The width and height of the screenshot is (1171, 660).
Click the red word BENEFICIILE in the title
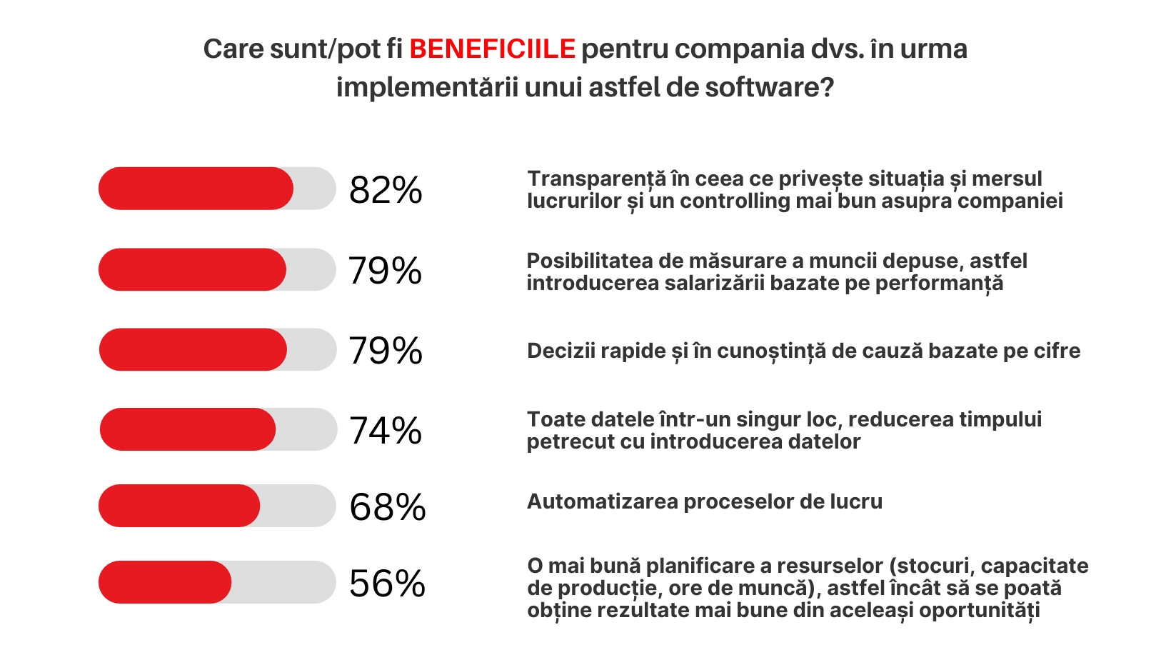[x=492, y=49]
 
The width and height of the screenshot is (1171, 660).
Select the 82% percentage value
[x=386, y=190]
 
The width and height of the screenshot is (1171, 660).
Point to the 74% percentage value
[x=386, y=431]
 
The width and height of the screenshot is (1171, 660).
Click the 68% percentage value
[x=387, y=507]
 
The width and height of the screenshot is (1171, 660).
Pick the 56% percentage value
[x=387, y=584]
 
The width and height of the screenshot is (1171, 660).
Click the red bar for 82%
[x=196, y=189]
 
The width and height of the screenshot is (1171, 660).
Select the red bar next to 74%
[x=187, y=429]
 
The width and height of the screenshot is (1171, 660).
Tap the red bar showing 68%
[x=179, y=506]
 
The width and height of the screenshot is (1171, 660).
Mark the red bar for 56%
[x=165, y=582]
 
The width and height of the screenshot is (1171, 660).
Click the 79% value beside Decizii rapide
[x=386, y=351]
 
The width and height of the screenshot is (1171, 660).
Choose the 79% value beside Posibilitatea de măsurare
[x=386, y=271]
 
